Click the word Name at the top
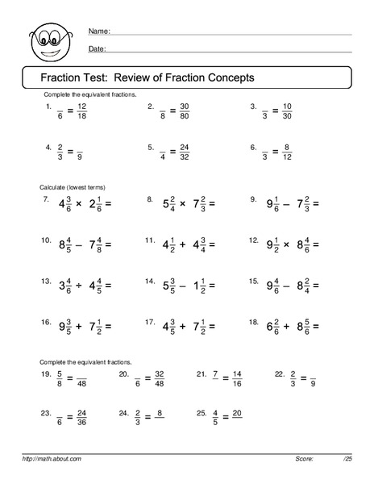click(x=98, y=31)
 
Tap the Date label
click(x=97, y=49)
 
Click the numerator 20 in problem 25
click(x=237, y=412)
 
